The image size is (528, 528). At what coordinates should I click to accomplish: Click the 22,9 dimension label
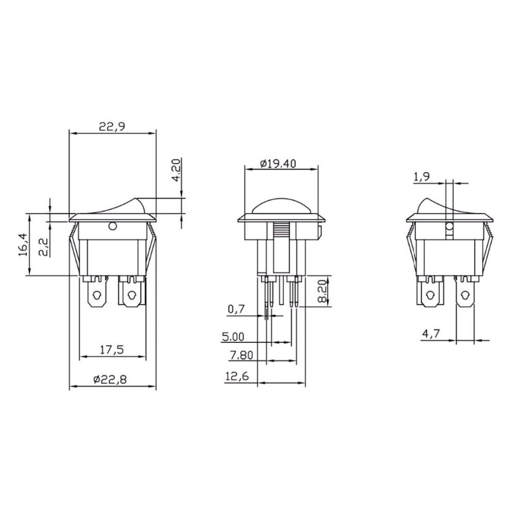click(x=112, y=127)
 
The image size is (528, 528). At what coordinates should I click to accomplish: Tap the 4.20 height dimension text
click(x=177, y=170)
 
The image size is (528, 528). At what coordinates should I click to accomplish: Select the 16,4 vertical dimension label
click(x=23, y=245)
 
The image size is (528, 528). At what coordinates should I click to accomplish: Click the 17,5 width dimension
click(x=112, y=350)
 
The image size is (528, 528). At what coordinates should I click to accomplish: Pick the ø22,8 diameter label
click(x=110, y=379)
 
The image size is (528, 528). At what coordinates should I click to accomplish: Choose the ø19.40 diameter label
click(x=278, y=163)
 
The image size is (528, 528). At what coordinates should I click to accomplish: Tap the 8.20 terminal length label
click(x=322, y=291)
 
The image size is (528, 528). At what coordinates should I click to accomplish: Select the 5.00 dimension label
click(x=233, y=336)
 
